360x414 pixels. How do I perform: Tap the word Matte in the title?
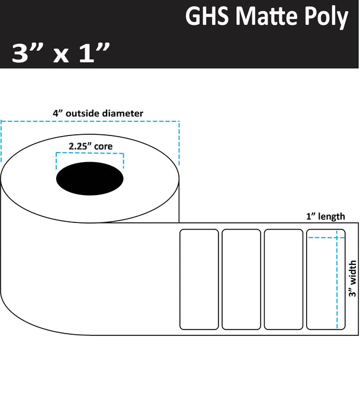264,18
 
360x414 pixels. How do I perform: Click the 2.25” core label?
89,144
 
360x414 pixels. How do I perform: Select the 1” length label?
325,216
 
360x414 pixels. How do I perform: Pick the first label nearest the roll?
199,279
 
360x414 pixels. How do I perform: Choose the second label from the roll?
241,279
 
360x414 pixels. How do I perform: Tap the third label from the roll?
283,279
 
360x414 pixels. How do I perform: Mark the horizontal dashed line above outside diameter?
90,122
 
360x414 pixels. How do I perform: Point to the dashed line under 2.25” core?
89,153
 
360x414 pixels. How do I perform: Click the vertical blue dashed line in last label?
336,284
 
